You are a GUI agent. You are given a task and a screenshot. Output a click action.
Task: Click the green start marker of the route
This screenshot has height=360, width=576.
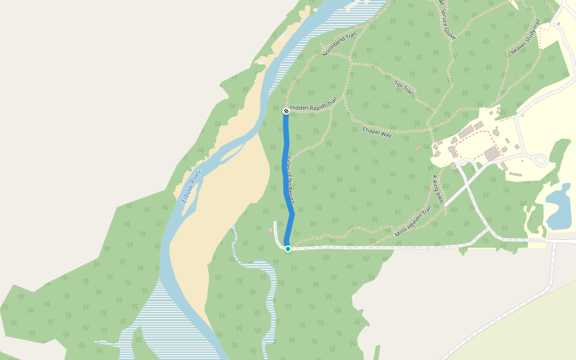coord(288,248)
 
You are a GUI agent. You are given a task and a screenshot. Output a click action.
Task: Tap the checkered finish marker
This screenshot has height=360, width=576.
coord(286,110)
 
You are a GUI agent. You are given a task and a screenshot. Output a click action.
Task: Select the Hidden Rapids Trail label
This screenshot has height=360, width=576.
coord(313,106)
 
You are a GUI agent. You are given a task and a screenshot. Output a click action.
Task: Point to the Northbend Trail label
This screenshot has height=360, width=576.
coord(339,44)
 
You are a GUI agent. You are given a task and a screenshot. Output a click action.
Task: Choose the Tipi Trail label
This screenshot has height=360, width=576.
coord(404,87)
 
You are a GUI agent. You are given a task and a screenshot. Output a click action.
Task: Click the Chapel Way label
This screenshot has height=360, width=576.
coord(377,132)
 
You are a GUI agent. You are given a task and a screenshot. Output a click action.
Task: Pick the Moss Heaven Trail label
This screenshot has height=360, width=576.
coord(413,221)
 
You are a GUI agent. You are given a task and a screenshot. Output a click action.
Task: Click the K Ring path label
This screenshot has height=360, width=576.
coord(437,189)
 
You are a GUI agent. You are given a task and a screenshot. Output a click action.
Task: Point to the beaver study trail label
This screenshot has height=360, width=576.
coord(526,37)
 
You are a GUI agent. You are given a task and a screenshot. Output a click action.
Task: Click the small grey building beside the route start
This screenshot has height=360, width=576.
coord(270,230)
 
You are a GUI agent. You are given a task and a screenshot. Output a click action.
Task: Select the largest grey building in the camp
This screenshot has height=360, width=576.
coord(492,154)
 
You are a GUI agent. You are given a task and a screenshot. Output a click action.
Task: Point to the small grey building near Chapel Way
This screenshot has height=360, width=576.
coord(418,147)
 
